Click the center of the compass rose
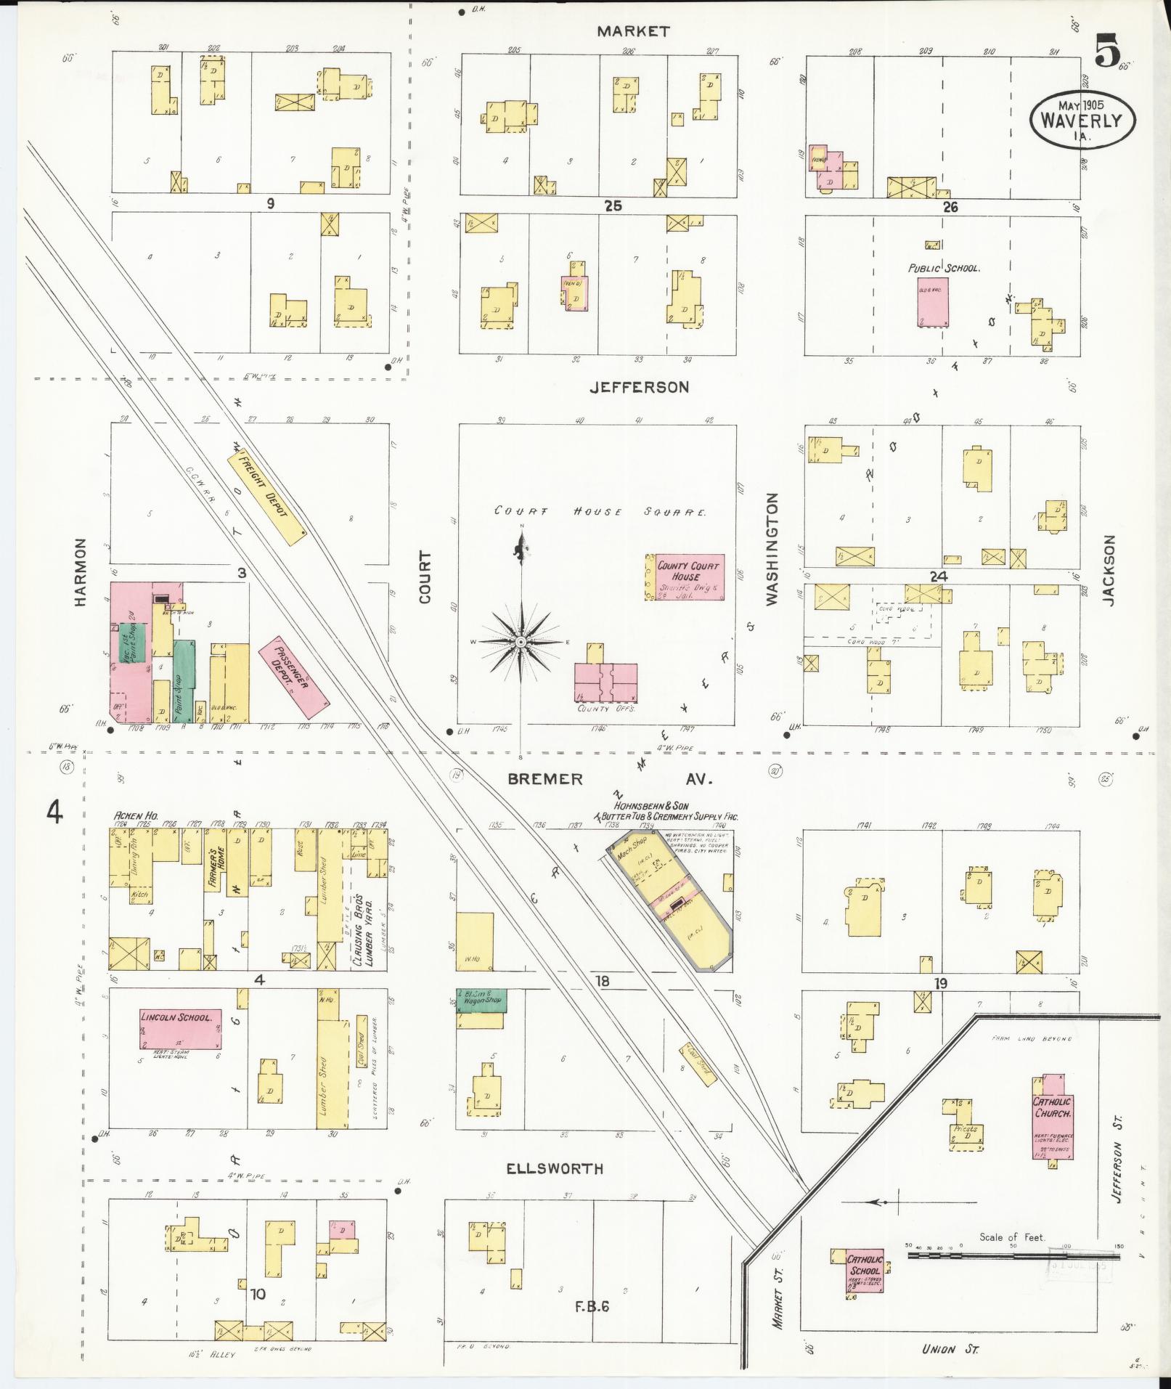(x=521, y=643)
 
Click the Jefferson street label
(x=639, y=387)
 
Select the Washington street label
(x=771, y=549)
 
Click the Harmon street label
(x=80, y=573)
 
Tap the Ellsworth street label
(x=555, y=1169)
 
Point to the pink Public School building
(x=933, y=301)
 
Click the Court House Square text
(x=600, y=512)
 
